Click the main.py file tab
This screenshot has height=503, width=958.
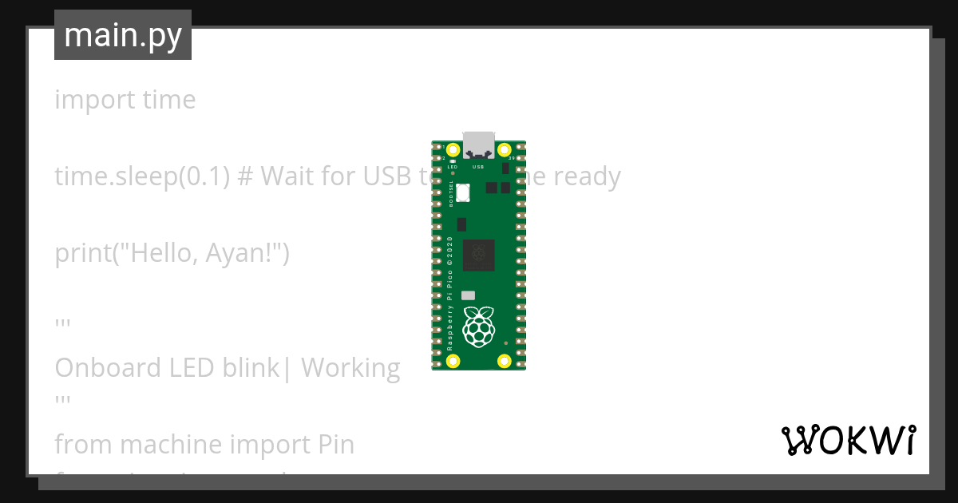pyautogui.click(x=123, y=35)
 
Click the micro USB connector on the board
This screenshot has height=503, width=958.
pyautogui.click(x=479, y=144)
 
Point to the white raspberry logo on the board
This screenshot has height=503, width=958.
pyautogui.click(x=478, y=327)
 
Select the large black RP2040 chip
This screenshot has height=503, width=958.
pyautogui.click(x=478, y=254)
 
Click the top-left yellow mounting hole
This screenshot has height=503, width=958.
pyautogui.click(x=453, y=150)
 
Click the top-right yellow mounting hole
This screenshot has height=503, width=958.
pyautogui.click(x=504, y=150)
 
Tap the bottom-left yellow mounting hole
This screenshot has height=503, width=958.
pyautogui.click(x=453, y=361)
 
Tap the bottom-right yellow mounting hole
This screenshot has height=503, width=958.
pyautogui.click(x=504, y=361)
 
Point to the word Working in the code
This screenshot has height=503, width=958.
pyautogui.click(x=350, y=368)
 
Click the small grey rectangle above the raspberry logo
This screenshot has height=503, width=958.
pyautogui.click(x=469, y=295)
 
